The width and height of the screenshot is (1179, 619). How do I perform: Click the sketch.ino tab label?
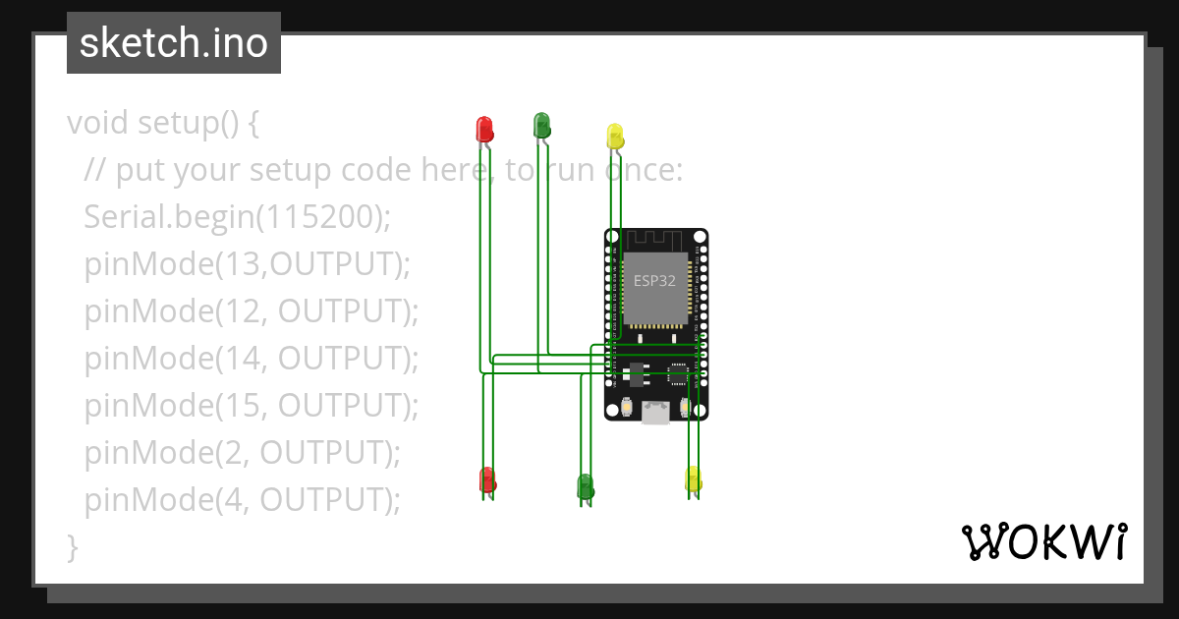[x=174, y=43]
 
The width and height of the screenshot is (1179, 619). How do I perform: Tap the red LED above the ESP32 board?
[x=484, y=129]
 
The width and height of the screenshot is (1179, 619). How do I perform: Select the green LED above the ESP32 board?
[x=541, y=125]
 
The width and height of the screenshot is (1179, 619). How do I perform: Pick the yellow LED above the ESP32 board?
[x=615, y=136]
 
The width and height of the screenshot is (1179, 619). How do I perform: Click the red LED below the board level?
[x=487, y=479]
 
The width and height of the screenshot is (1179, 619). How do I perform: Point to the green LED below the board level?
[x=585, y=485]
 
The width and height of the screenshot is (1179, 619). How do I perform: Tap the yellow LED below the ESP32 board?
[x=694, y=478]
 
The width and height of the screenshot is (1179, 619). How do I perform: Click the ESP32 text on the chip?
[x=654, y=280]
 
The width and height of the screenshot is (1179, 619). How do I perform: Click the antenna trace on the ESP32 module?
[x=655, y=240]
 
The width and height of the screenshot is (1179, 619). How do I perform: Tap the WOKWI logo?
[x=1043, y=541]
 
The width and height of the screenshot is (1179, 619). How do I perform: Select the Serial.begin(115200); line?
[x=237, y=217]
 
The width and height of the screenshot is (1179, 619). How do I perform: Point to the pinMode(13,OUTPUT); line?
[x=247, y=264]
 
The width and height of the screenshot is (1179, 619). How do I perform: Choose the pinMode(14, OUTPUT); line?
[x=252, y=359]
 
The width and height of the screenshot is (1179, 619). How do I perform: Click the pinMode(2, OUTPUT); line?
[x=243, y=453]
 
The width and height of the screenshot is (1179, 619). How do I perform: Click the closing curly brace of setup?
[x=72, y=546]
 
